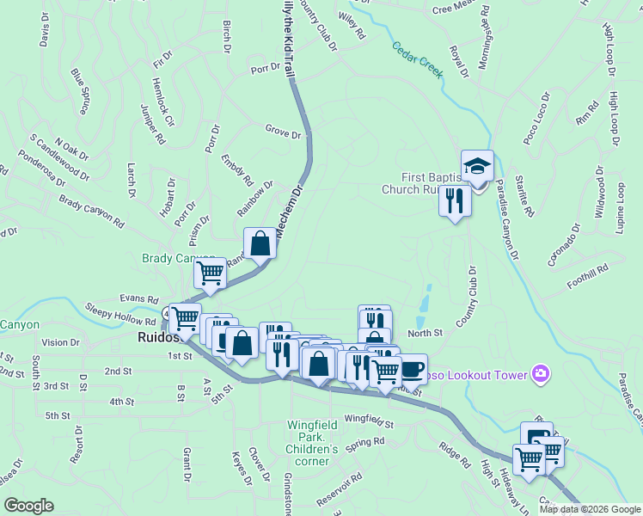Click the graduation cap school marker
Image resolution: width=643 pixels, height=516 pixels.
pos(477,165)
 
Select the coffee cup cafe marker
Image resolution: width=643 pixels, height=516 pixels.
pos(411,368)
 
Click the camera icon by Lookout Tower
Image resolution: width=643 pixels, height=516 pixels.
pos(541,373)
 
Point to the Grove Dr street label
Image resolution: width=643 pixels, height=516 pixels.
pos(283,134)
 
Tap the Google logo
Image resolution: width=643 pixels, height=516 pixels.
pos(28,506)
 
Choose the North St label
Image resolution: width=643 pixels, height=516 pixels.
pos(425,333)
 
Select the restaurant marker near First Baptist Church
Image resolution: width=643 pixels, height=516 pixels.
pos(452,200)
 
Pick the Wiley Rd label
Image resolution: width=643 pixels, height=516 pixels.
pos(352,26)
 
